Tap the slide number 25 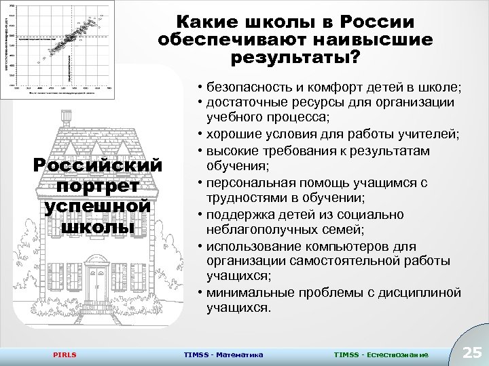(471, 352)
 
